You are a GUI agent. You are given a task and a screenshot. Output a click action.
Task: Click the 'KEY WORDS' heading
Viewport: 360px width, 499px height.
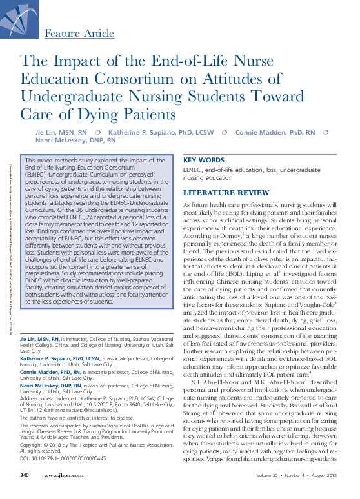click(x=205, y=160)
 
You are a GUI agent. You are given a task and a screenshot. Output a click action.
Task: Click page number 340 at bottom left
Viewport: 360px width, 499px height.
click(x=25, y=493)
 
